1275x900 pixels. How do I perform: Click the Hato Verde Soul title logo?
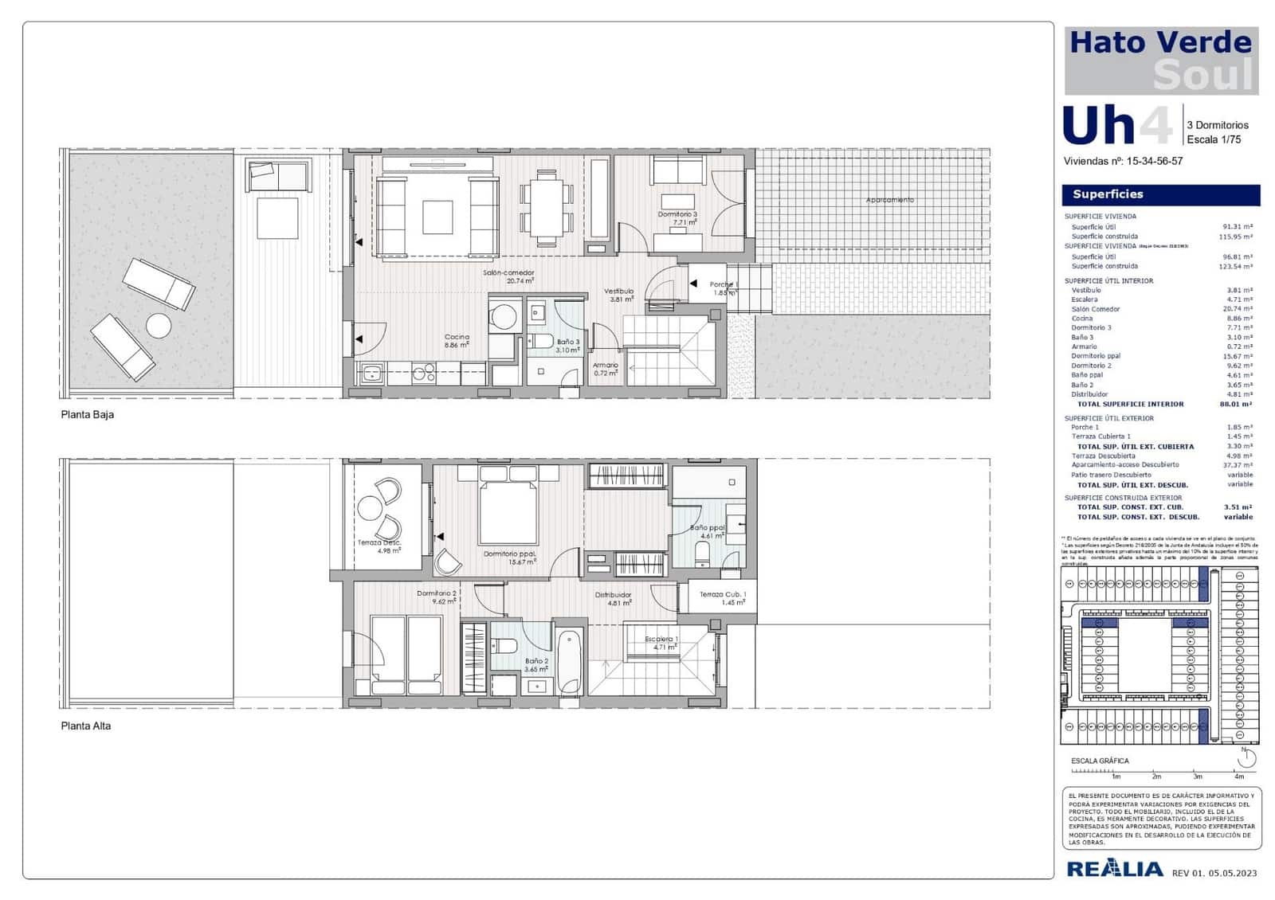tap(1161, 61)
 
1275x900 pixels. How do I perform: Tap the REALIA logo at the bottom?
tap(1115, 869)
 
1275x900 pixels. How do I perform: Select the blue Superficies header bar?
tap(1160, 194)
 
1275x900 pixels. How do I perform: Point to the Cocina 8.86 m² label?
tap(457, 341)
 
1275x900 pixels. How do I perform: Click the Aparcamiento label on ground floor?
tap(889, 200)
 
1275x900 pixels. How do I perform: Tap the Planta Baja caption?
tap(88, 415)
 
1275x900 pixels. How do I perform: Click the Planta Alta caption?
tap(86, 726)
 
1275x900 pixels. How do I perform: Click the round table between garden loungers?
tap(159, 326)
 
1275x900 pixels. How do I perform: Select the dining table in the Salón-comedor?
tap(547, 208)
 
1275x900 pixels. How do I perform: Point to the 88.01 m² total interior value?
tap(1236, 405)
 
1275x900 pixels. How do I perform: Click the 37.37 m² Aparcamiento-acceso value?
tap(1239, 465)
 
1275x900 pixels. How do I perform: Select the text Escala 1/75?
tap(1214, 139)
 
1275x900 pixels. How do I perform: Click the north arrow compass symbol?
tap(1246, 758)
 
